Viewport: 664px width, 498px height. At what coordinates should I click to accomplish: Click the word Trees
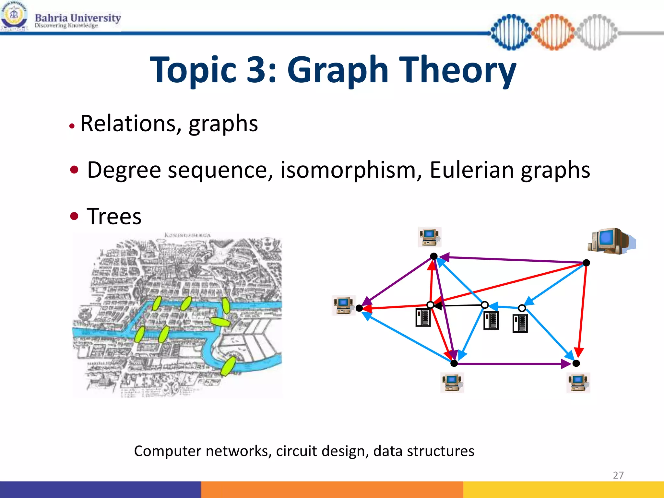point(114,216)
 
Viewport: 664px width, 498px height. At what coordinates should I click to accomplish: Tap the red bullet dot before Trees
point(74,216)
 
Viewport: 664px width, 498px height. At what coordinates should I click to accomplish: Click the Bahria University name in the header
point(78,18)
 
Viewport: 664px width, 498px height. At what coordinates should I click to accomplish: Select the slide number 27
point(618,475)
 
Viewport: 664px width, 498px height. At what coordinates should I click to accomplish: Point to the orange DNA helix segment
point(554,32)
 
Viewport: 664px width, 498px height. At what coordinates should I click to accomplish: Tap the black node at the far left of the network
point(359,308)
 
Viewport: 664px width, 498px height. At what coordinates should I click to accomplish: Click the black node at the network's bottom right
point(576,363)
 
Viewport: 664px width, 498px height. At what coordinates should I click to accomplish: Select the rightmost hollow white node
point(522,308)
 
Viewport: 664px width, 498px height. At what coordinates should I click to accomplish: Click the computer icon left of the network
point(344,305)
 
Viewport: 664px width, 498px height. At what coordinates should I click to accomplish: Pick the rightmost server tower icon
point(520,323)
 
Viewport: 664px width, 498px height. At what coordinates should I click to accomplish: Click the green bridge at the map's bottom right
point(229,365)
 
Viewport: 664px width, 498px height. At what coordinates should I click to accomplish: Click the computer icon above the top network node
point(429,237)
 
